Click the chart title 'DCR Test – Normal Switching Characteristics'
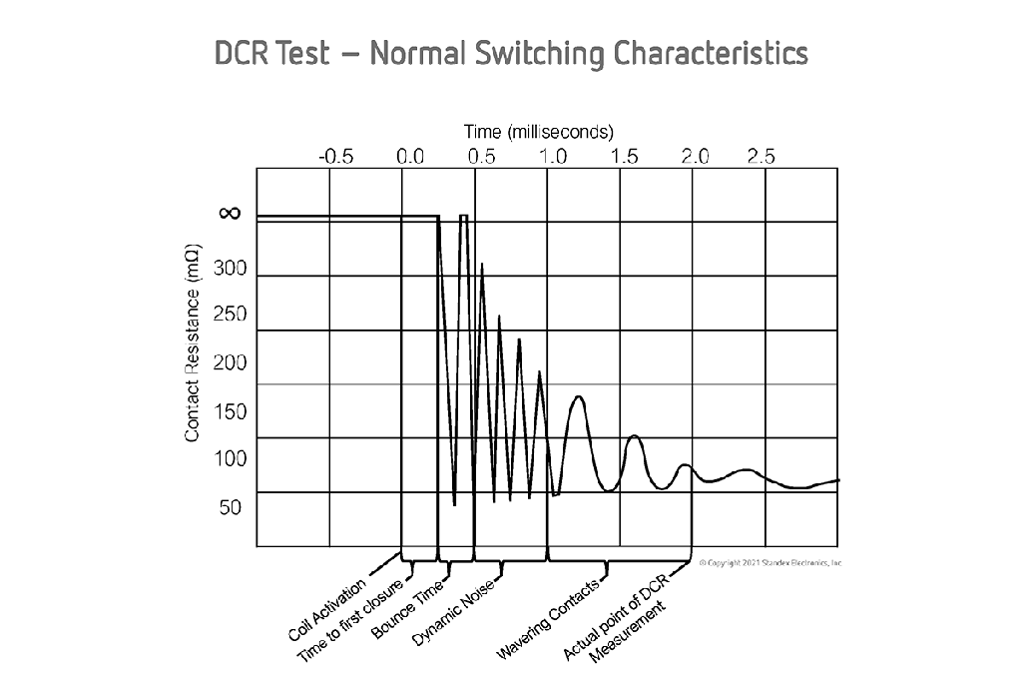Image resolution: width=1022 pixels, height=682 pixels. [x=511, y=53]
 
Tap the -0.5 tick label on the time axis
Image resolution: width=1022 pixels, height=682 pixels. [x=335, y=157]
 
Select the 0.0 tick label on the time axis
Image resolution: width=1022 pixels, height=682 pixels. [x=410, y=157]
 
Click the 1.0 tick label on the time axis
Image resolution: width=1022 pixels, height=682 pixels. [x=553, y=157]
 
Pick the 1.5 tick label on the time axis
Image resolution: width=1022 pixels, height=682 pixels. [x=625, y=157]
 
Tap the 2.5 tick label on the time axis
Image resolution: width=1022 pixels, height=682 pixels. [x=762, y=157]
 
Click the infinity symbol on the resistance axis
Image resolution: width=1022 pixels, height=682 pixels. [x=230, y=213]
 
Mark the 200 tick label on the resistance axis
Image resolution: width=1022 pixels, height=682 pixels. [x=230, y=362]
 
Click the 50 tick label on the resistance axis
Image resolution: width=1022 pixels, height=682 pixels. [x=231, y=506]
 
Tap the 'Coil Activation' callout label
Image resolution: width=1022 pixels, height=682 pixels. [x=327, y=608]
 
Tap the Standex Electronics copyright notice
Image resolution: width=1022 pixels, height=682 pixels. [x=771, y=563]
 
